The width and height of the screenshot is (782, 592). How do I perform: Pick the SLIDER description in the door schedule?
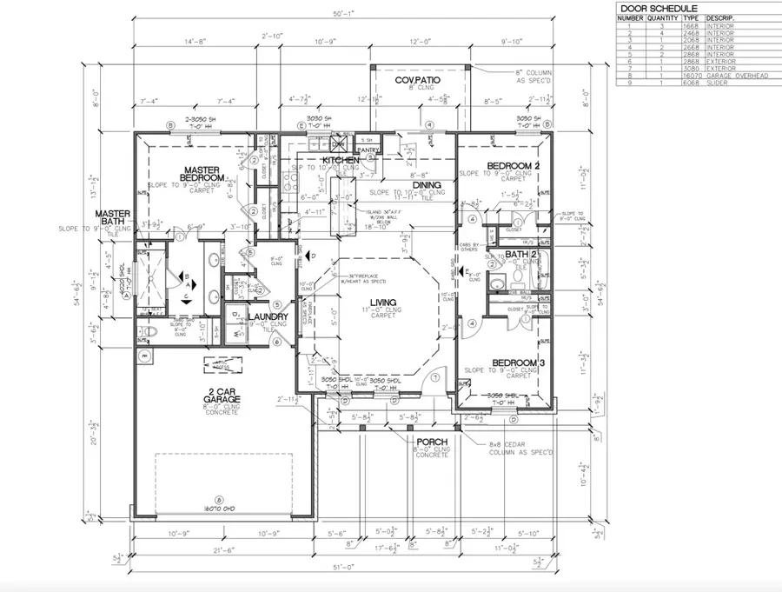[719, 83]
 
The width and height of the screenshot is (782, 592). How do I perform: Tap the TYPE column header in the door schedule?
[691, 17]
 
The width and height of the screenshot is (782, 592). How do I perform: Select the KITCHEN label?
[341, 162]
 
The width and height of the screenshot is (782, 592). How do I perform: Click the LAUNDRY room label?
[261, 316]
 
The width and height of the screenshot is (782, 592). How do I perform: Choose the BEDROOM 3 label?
[517, 363]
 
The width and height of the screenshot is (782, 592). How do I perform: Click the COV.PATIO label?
[418, 80]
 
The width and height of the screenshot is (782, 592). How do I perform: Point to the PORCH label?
[431, 442]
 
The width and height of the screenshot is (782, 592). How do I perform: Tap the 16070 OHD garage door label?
[219, 509]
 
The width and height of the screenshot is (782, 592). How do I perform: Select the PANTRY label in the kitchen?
[368, 150]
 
